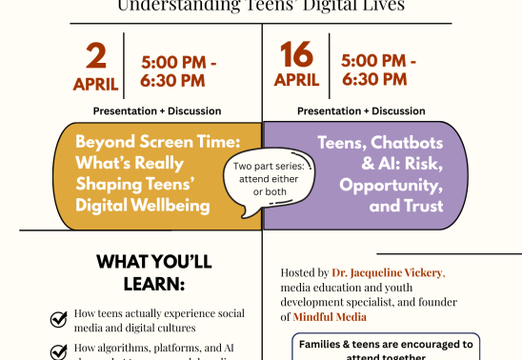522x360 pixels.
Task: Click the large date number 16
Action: (296, 55)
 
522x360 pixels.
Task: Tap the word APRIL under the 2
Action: (95, 84)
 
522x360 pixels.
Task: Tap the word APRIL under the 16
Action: (296, 80)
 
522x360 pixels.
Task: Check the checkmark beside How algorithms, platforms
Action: (59, 351)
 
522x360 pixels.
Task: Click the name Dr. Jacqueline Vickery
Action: (389, 272)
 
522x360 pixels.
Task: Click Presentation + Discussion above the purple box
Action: (362, 111)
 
